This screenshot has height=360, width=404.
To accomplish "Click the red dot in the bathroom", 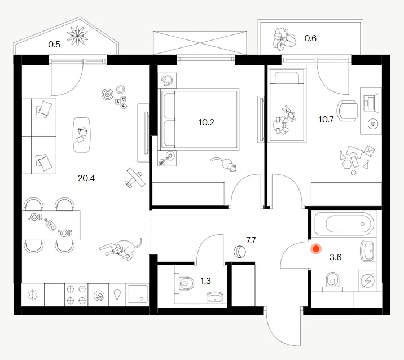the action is point(316,249).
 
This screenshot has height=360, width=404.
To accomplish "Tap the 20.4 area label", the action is point(86,178).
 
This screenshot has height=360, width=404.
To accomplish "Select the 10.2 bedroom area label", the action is point(206,122).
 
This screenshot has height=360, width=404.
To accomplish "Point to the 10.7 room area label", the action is point(326,120).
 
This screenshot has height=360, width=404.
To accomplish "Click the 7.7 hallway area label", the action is point(251,240).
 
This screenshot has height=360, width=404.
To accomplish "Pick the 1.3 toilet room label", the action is point(205,280).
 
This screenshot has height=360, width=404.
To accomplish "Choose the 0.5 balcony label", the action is point(54,45).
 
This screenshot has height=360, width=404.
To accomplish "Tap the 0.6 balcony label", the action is point(310,38).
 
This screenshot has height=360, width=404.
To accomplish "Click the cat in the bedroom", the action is point(224,164).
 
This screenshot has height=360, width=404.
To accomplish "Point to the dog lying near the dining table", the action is point(121,248).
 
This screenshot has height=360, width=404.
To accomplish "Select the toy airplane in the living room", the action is point(134,178).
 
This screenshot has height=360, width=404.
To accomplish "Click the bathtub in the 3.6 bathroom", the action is point(344,223).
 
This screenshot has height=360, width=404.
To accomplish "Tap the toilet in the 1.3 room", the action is point(185,283).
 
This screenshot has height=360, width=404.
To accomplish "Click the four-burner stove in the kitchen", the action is point(76,295).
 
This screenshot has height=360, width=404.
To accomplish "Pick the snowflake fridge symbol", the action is point(33,295).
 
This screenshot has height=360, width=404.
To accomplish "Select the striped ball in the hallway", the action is point(240,252).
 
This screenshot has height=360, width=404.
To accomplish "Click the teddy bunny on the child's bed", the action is point(289,113).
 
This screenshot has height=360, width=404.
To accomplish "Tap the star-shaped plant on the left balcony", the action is point(77,36).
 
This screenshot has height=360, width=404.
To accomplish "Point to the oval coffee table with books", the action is point(82,135).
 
